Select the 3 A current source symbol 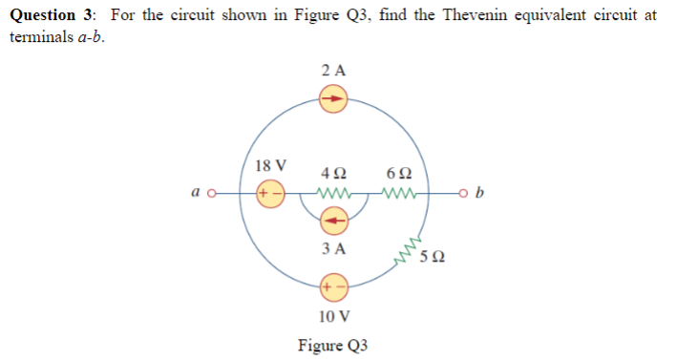(x=333, y=222)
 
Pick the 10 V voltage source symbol (x=333, y=286)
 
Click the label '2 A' (x=334, y=70)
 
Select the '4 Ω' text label (x=334, y=173)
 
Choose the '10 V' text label (x=333, y=315)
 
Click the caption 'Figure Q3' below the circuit (x=332, y=345)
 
